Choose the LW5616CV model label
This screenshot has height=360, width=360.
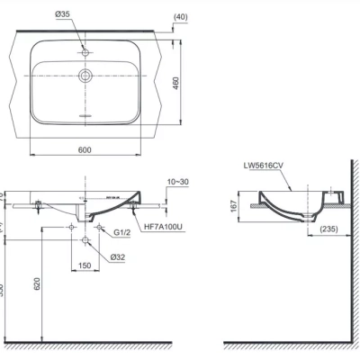(x=263, y=166)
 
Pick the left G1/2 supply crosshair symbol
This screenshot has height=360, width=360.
(x=71, y=228)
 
